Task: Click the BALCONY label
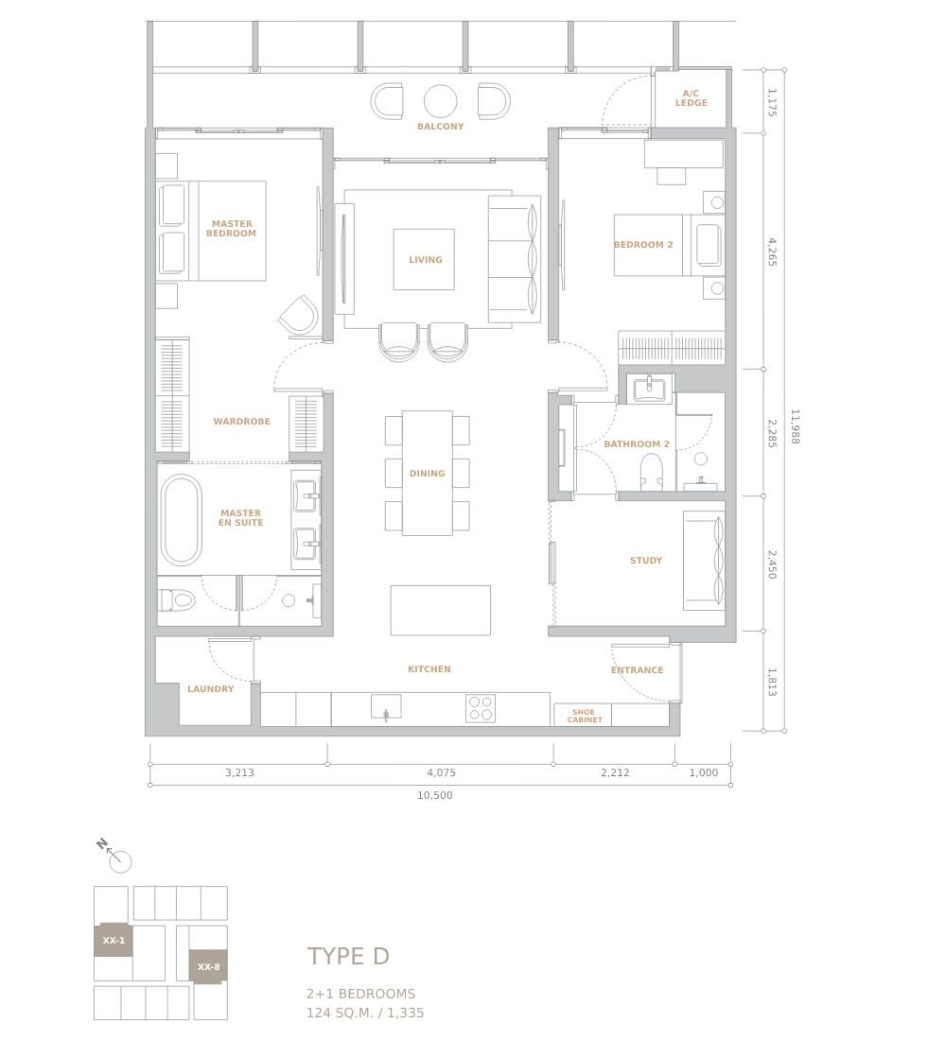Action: tap(440, 126)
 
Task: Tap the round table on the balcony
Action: tap(440, 101)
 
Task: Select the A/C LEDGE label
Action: tap(692, 98)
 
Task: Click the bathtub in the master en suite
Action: tap(181, 519)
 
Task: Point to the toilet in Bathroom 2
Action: tap(651, 472)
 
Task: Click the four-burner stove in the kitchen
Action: tap(481, 708)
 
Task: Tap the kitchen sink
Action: tap(386, 707)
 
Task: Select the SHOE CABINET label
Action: tap(585, 716)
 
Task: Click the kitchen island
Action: tap(440, 610)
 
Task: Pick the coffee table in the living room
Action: tap(424, 259)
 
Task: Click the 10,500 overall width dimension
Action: tap(435, 795)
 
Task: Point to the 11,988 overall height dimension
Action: tap(795, 426)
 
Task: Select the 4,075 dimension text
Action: tap(442, 772)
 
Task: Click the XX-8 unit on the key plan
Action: tap(208, 966)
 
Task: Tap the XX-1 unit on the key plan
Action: tap(114, 940)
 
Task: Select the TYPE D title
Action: tap(348, 956)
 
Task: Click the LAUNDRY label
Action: tap(210, 688)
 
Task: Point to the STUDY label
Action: tap(646, 560)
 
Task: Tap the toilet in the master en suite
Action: tap(177, 601)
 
